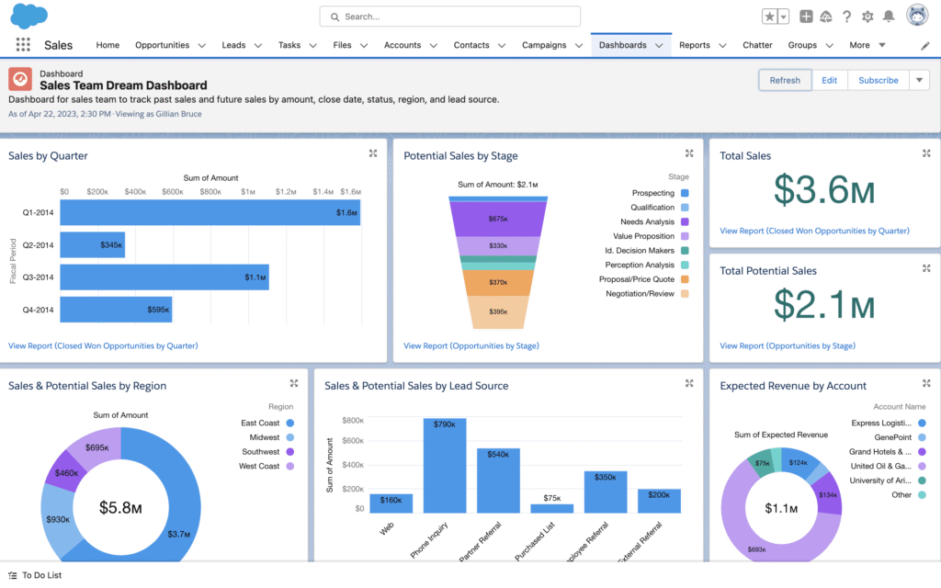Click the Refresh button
(x=785, y=80)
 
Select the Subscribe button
(x=878, y=80)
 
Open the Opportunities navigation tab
(x=162, y=45)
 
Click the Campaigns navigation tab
(x=544, y=45)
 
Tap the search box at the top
(x=450, y=17)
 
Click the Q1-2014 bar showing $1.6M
(x=210, y=212)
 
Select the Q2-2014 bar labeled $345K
(x=92, y=245)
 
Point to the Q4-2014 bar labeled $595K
(x=116, y=310)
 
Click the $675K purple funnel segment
(x=498, y=219)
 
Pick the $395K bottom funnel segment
(x=498, y=312)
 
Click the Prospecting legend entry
(x=653, y=193)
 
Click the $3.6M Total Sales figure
(x=823, y=190)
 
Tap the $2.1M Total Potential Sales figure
(x=823, y=305)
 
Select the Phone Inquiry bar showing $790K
(x=444, y=464)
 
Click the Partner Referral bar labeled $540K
(x=498, y=480)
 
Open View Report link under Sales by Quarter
(x=103, y=345)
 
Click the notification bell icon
(x=888, y=17)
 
